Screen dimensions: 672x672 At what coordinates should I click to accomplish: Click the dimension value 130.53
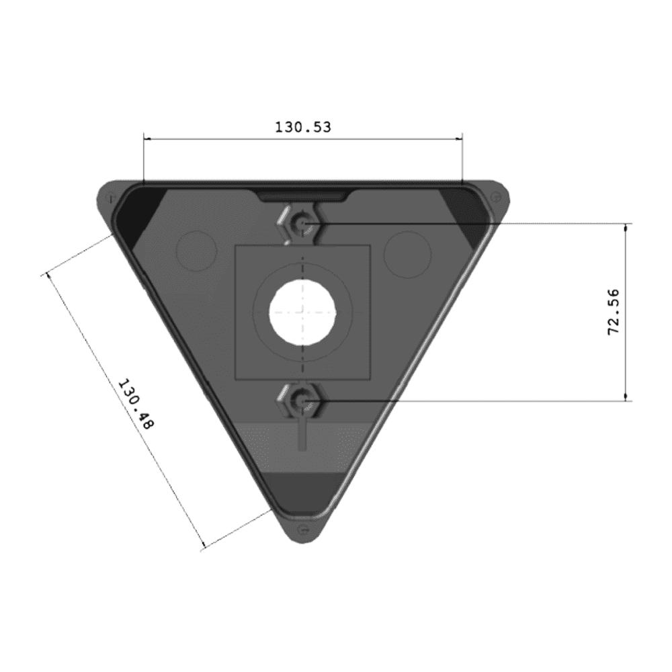[x=303, y=127]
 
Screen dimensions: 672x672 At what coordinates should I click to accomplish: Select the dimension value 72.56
[x=614, y=312]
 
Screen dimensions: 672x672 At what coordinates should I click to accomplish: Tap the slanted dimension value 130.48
[x=136, y=404]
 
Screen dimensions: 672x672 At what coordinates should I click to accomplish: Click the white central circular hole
[x=302, y=312]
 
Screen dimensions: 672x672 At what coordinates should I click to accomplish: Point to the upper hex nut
[x=301, y=223]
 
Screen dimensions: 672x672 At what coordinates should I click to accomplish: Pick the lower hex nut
[x=301, y=401]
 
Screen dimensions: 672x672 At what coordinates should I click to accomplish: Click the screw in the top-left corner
[x=111, y=198]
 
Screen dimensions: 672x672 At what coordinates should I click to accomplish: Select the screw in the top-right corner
[x=495, y=198]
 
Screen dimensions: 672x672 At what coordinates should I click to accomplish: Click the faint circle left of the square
[x=196, y=251]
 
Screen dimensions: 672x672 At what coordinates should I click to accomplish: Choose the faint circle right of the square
[x=407, y=255]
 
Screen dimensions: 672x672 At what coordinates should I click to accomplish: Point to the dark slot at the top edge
[x=303, y=197]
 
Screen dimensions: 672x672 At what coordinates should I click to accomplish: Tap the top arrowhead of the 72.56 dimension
[x=626, y=227]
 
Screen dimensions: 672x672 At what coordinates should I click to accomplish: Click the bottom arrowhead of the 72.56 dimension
[x=626, y=397]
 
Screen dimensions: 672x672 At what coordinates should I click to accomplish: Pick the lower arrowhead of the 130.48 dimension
[x=203, y=544]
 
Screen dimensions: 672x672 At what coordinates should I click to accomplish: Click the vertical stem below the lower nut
[x=302, y=433]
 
